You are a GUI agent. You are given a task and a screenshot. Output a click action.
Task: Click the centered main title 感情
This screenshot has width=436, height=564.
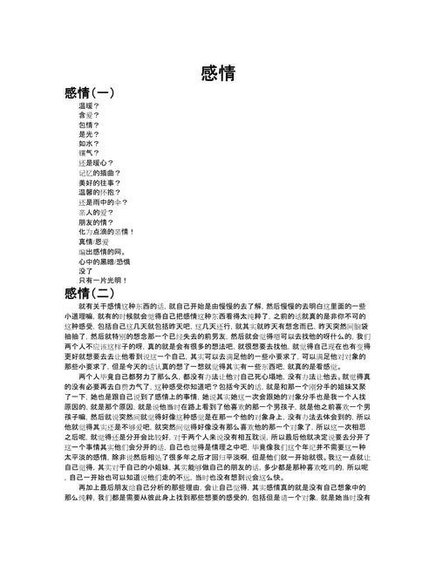(218, 73)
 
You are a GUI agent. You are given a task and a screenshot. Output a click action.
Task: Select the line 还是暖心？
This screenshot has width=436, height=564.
(95, 163)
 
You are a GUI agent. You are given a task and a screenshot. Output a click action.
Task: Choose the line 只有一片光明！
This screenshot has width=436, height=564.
(103, 280)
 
